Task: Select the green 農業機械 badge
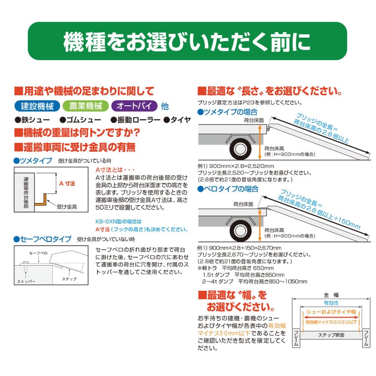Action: (x=85, y=106)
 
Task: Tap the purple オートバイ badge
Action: (x=134, y=106)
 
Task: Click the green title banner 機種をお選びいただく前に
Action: (x=188, y=41)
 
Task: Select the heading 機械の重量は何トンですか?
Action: (x=77, y=133)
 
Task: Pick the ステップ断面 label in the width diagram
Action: (x=331, y=335)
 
